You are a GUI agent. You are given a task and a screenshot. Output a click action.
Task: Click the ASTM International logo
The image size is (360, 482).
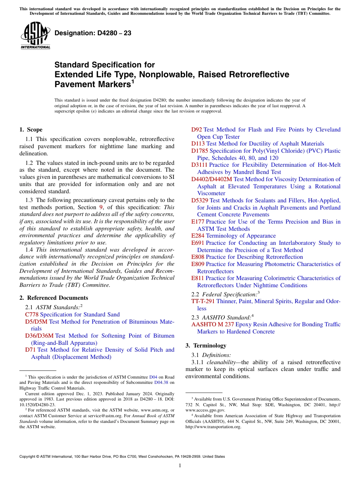tap(35, 36)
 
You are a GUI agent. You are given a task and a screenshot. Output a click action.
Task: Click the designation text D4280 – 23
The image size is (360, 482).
tap(93, 33)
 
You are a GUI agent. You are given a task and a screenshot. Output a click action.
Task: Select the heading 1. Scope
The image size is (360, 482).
tap(31, 130)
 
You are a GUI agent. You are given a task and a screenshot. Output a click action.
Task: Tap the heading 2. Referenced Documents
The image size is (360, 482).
tap(53, 298)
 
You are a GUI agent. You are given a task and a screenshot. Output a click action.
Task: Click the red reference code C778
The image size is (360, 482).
tap(32, 315)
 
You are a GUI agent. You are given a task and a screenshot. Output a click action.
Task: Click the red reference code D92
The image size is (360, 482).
tap(197, 130)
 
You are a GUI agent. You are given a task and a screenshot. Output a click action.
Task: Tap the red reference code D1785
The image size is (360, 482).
tap(200, 151)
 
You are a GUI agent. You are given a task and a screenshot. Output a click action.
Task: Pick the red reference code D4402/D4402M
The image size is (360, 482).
tap(211, 179)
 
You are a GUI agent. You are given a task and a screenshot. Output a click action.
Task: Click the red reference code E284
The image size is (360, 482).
tap(198, 236)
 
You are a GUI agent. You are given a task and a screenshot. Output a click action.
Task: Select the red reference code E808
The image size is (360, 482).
tap(198, 257)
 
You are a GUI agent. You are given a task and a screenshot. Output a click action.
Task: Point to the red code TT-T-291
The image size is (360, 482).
tap(203, 301)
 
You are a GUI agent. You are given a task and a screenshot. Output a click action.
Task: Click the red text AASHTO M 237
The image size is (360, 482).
tap(213, 324)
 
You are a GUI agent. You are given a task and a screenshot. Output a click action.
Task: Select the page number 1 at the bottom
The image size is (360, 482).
tap(180, 465)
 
